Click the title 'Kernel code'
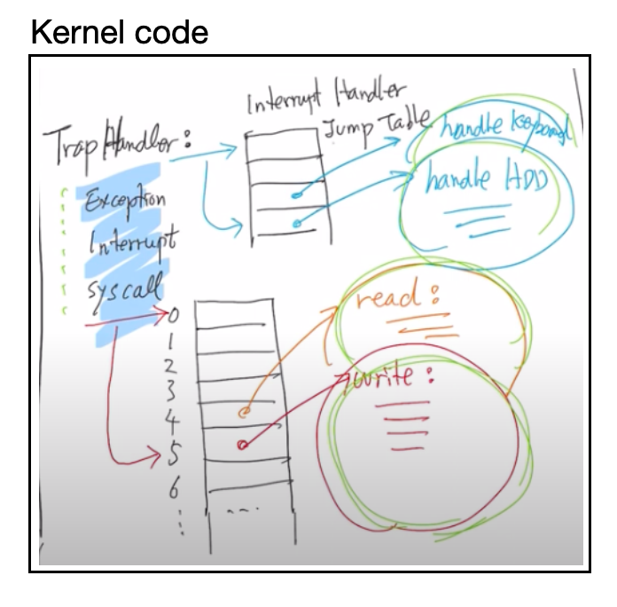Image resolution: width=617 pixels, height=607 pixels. (x=119, y=33)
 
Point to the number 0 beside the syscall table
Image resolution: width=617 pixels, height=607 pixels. (x=173, y=313)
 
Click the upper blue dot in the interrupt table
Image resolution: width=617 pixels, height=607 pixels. (x=294, y=195)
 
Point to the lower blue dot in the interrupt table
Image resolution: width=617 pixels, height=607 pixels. (x=294, y=222)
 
